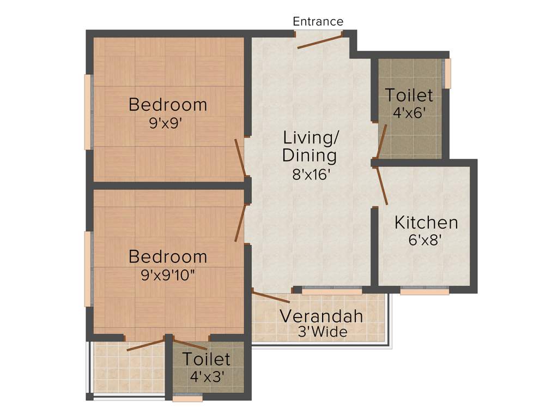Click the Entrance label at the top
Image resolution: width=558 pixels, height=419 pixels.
click(318, 21)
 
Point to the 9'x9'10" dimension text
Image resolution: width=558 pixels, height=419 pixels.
click(168, 275)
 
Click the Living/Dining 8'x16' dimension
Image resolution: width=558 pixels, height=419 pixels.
click(310, 175)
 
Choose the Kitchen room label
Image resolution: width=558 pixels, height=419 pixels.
click(426, 223)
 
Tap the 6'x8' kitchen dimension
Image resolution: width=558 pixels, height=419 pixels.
click(426, 240)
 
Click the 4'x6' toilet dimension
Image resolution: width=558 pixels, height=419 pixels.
click(409, 113)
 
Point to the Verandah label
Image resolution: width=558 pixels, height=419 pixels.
click(322, 316)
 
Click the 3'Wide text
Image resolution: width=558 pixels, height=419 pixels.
click(322, 332)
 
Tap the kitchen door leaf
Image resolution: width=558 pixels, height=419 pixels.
click(381, 186)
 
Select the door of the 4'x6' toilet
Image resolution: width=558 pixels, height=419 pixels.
click(382, 141)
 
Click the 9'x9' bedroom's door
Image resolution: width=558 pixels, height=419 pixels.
click(240, 158)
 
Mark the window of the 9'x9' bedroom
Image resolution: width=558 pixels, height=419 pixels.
click(87, 112)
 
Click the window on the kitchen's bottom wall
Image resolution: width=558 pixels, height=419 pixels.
click(424, 292)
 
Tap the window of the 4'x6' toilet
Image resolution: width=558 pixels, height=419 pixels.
click(448, 74)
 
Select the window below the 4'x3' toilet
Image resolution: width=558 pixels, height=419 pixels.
click(187, 399)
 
